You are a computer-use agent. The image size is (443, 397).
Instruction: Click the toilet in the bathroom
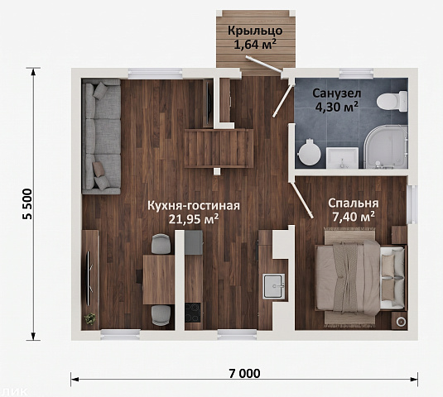[x=392, y=101]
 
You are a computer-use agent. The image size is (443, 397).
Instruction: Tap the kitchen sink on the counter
[x=274, y=286]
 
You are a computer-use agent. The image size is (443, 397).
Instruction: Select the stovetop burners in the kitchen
[x=193, y=313]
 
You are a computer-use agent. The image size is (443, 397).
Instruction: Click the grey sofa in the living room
[x=101, y=136]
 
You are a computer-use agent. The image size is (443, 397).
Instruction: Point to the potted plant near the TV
[x=90, y=319]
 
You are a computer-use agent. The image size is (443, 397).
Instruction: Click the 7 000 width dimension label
[x=244, y=373]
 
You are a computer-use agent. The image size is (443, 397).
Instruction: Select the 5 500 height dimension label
[x=28, y=204]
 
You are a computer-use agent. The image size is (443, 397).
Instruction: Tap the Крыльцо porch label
[x=255, y=31]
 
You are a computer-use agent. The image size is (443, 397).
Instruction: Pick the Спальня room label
[x=353, y=203]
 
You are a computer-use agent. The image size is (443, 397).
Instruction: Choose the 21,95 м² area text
[x=194, y=219]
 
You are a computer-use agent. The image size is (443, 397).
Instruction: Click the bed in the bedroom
[x=361, y=278]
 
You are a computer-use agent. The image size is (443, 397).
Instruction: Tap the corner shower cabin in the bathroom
[x=386, y=147]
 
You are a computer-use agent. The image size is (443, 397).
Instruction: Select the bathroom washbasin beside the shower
[x=343, y=158]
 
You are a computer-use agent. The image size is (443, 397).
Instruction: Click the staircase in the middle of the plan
[x=219, y=148]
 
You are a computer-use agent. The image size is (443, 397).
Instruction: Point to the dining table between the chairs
[x=158, y=280]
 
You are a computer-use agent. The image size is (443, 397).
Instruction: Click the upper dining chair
[x=161, y=244]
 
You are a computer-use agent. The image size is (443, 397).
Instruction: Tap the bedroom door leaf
[x=302, y=200]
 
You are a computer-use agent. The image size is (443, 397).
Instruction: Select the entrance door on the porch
[x=264, y=64]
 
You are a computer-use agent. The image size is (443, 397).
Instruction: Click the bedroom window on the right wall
[x=412, y=204]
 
